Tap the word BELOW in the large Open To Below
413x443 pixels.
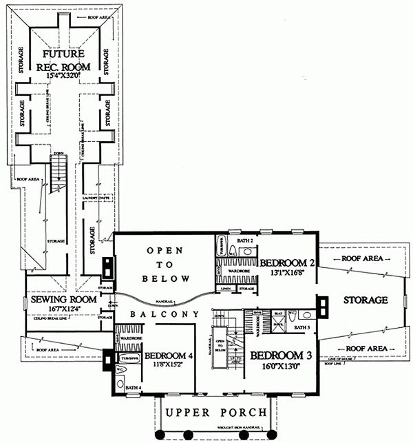[165, 279]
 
